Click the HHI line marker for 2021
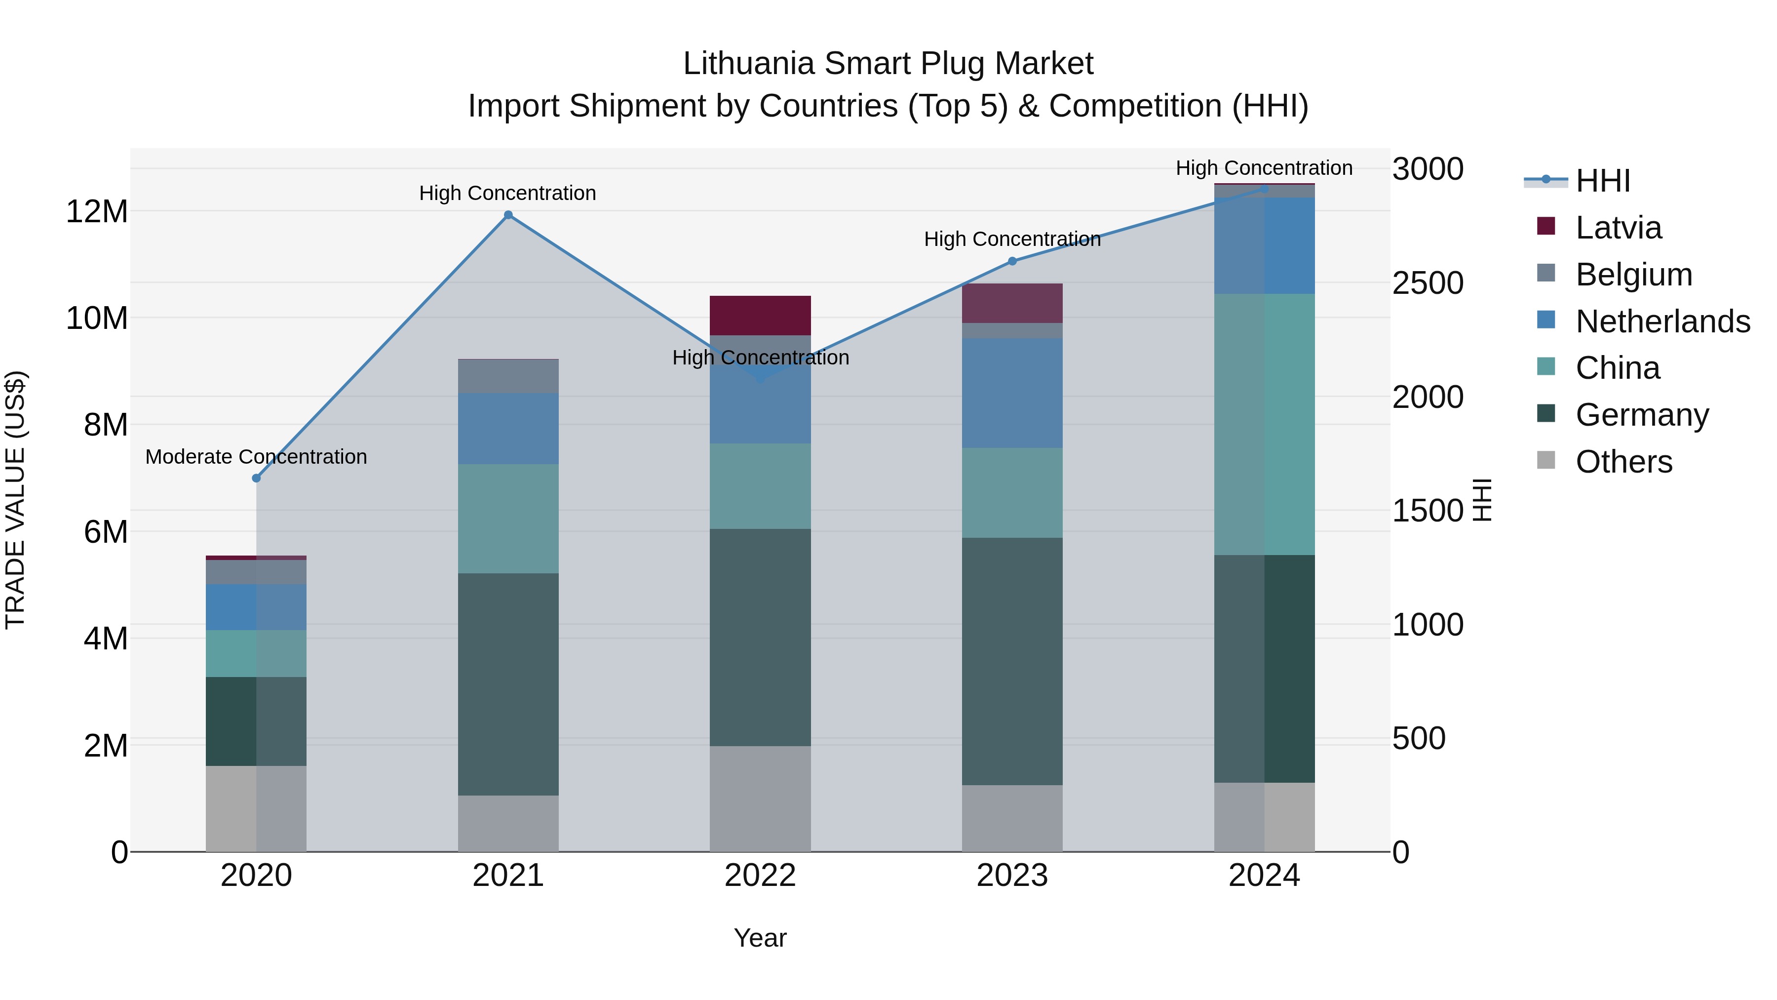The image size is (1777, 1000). (508, 215)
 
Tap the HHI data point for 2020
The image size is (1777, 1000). (257, 478)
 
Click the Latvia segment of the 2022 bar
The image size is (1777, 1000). (760, 316)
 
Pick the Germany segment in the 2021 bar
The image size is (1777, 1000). (508, 683)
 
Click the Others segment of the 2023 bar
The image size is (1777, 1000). (1012, 818)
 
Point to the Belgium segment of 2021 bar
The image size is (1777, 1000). (508, 377)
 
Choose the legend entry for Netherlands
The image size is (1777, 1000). (1662, 321)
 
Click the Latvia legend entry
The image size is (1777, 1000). (1619, 228)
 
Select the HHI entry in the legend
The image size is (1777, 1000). (1602, 181)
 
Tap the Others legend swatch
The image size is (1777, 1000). (1546, 460)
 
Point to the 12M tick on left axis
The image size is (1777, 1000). (97, 211)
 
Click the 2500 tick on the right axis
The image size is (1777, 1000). (1427, 283)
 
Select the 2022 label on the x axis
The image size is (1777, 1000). (760, 876)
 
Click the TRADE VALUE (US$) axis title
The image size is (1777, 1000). (15, 500)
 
